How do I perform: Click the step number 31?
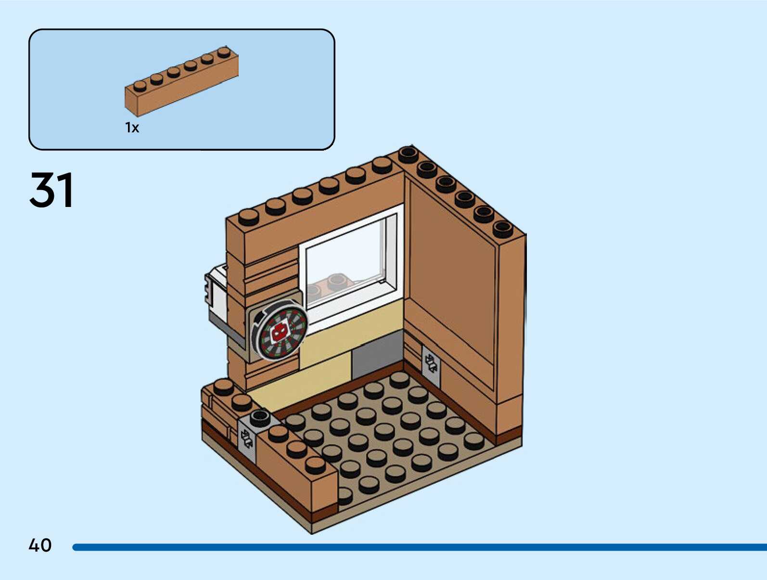[x=51, y=190]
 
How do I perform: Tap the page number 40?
[x=40, y=545]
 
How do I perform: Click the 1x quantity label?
[x=132, y=128]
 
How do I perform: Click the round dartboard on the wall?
[x=281, y=333]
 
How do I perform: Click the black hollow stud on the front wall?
[x=260, y=417]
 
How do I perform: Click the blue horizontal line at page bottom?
[x=419, y=547]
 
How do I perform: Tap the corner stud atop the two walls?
[x=408, y=154]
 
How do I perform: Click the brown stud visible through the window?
[x=337, y=281]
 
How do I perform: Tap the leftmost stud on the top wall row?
[x=248, y=217]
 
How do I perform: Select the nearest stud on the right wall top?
[x=502, y=229]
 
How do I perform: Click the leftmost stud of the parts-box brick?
[x=140, y=86]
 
